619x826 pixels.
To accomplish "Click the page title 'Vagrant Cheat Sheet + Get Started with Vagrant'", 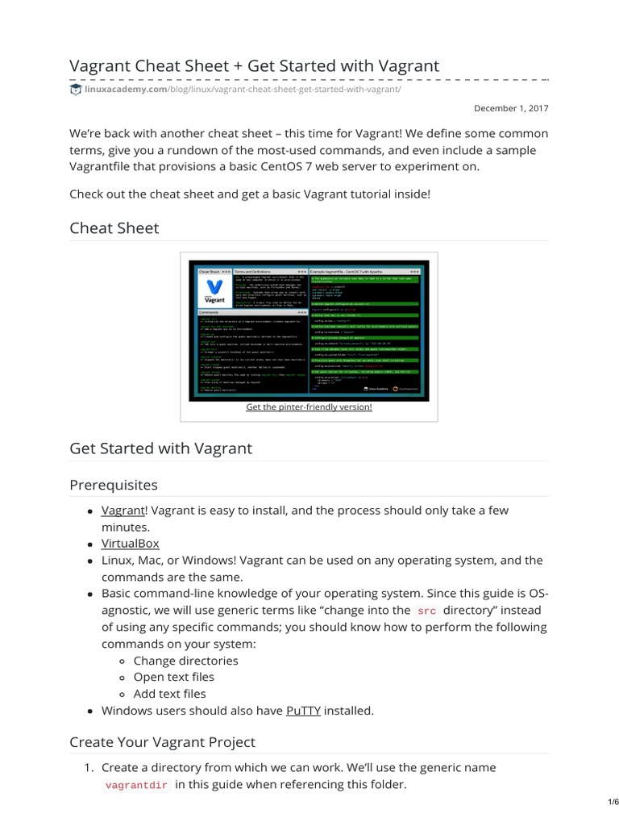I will (255, 65).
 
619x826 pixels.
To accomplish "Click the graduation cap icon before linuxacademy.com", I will (76, 89).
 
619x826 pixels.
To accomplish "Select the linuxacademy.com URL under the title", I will (242, 89).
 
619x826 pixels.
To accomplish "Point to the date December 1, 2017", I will (511, 108).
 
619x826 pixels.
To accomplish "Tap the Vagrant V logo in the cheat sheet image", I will (214, 289).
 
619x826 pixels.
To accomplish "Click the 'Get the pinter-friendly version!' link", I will (309, 407).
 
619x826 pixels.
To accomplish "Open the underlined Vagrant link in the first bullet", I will (122, 511).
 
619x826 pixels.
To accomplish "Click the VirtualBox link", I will (130, 544).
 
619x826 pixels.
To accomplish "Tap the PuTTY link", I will (303, 711).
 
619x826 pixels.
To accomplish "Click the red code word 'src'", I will (427, 611).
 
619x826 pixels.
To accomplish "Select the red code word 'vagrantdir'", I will (136, 785).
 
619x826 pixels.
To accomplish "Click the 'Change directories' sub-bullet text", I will (186, 661).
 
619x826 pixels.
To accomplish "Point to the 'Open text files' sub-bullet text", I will (174, 677).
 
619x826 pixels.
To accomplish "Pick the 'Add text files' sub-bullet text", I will (170, 694).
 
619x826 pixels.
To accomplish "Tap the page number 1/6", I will (611, 802).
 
